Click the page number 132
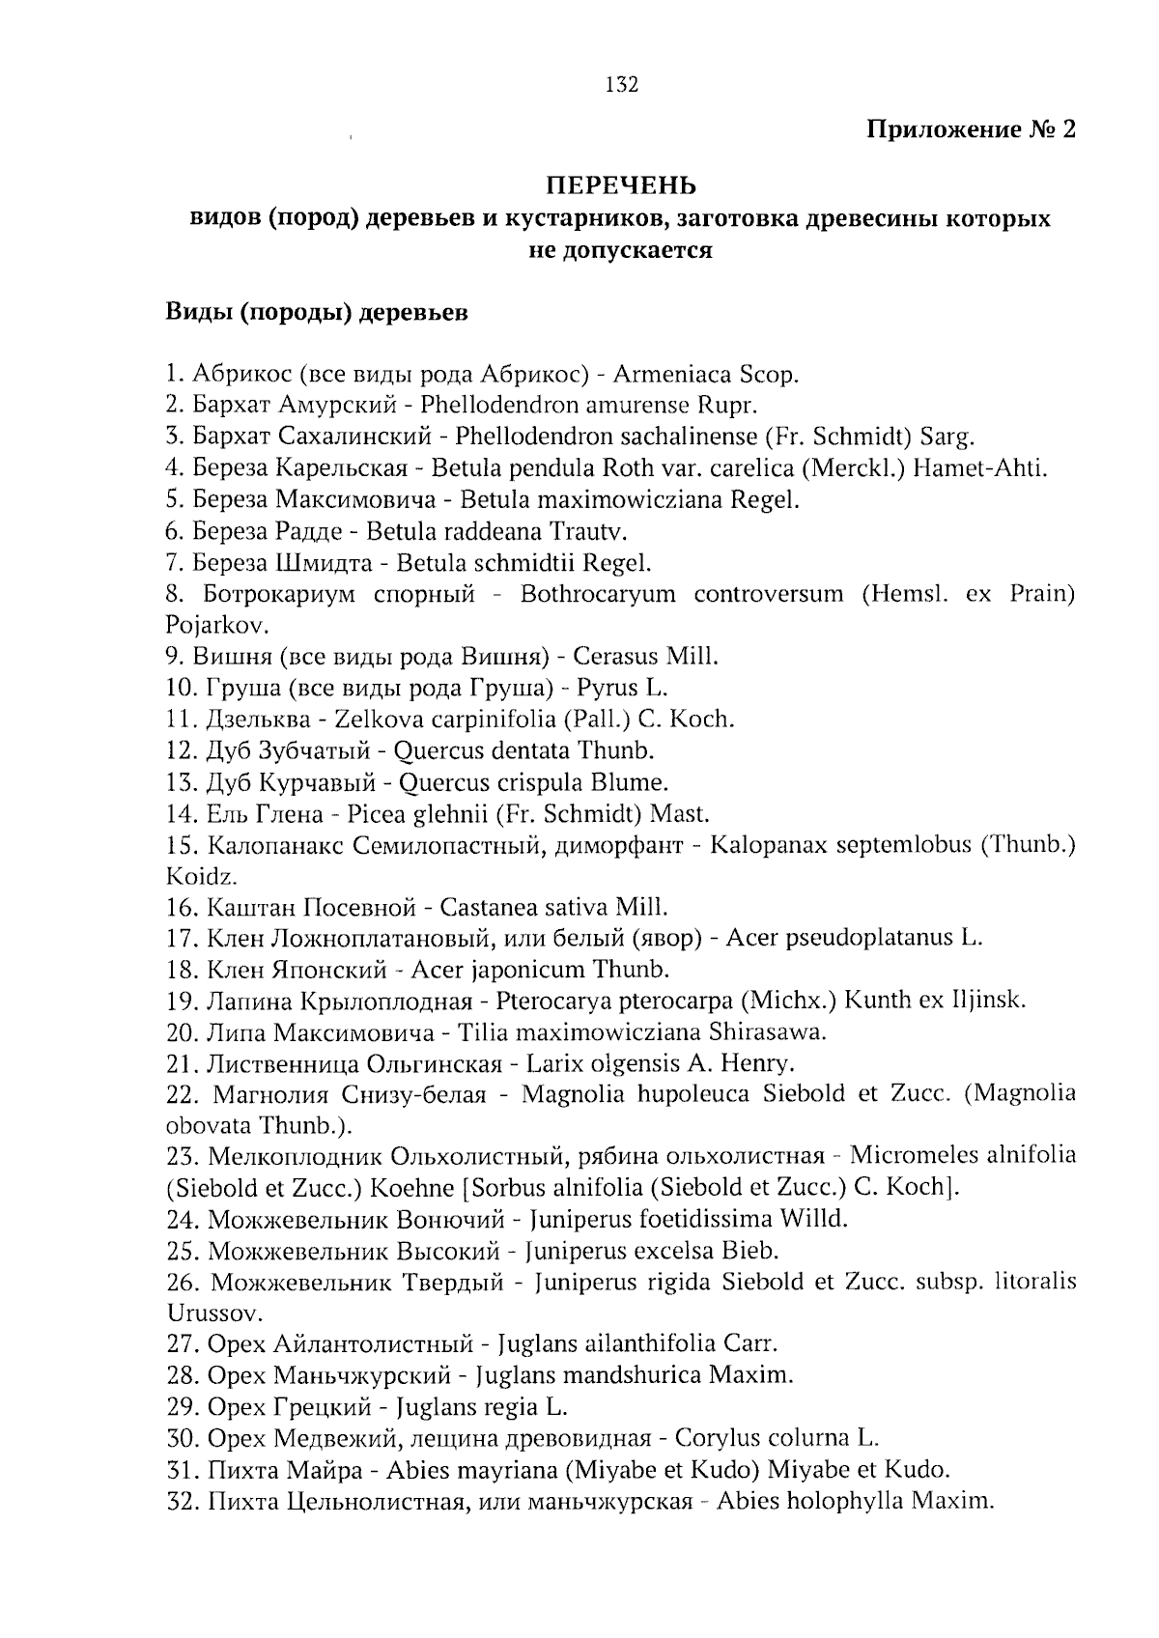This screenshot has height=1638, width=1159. coord(622,85)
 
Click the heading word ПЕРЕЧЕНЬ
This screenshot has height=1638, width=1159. coord(622,184)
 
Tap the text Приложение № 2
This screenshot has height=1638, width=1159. coord(971,129)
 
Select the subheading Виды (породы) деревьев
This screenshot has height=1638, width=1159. coord(318,313)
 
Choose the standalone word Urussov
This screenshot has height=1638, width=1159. coord(207,1313)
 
